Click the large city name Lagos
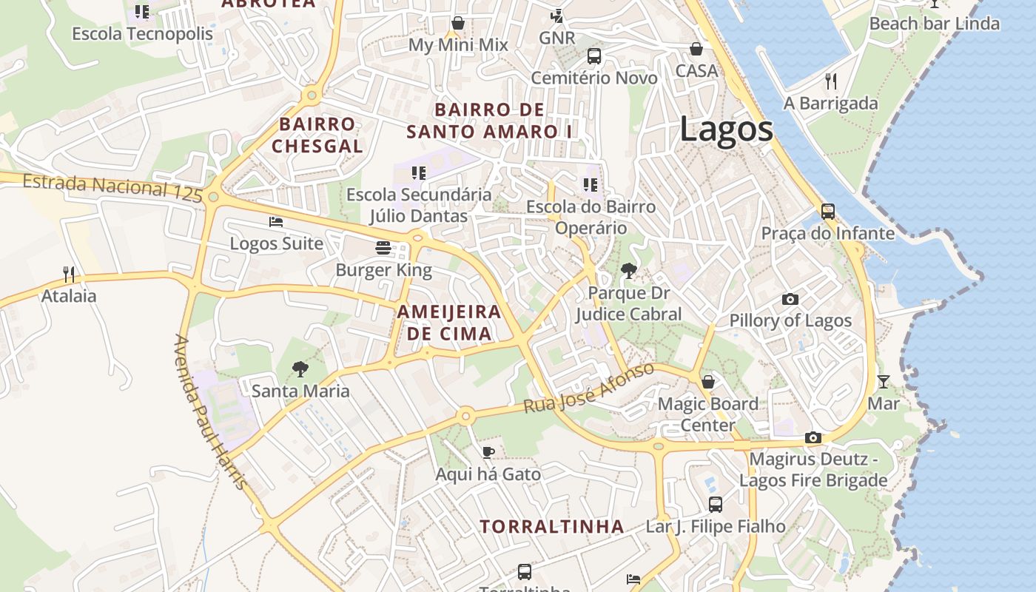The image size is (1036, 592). [x=726, y=129]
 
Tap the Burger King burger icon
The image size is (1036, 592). [x=383, y=247]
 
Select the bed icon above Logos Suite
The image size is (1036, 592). [x=276, y=221]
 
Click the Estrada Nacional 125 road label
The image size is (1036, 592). [x=112, y=187]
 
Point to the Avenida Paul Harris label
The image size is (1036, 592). [x=210, y=411]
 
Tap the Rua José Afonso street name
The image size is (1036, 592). [x=589, y=388]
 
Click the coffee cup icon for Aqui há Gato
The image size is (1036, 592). [x=488, y=451]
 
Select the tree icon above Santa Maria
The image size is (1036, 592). [x=300, y=368]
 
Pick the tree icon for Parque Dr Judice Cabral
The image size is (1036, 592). [x=628, y=271]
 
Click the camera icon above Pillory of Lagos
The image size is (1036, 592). [x=790, y=299]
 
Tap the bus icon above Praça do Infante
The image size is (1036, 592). [x=828, y=212]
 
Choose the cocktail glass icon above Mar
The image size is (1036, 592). [x=884, y=382]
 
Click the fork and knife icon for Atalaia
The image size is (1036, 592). [x=69, y=274]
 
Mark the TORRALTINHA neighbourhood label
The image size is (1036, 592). [x=552, y=527]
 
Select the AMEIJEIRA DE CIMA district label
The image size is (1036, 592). [x=449, y=323]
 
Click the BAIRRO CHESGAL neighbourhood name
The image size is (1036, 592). [x=317, y=135]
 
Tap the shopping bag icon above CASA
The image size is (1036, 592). [x=696, y=49]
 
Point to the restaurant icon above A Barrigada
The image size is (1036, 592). [x=831, y=81]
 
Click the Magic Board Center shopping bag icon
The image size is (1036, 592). [x=708, y=382]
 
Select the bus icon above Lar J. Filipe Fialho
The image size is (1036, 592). [x=716, y=505]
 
